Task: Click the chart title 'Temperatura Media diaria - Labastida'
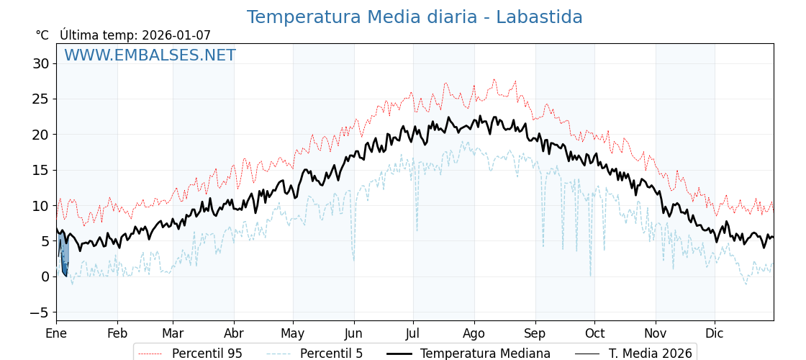pyautogui.click(x=415, y=17)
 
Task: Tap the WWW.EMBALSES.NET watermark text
pyautogui.click(x=150, y=55)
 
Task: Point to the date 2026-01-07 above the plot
pyautogui.click(x=176, y=35)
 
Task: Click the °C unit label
pyautogui.click(x=42, y=35)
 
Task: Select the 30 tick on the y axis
pyautogui.click(x=40, y=63)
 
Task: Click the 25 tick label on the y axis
pyautogui.click(x=40, y=99)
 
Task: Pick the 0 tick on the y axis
pyautogui.click(x=45, y=276)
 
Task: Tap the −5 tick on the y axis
pyautogui.click(x=40, y=312)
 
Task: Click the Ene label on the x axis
pyautogui.click(x=56, y=333)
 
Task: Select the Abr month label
pyautogui.click(x=234, y=333)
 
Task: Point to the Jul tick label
pyautogui.click(x=413, y=333)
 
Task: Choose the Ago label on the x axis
pyautogui.click(x=474, y=333)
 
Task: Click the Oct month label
pyautogui.click(x=594, y=333)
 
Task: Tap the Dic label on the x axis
pyautogui.click(x=715, y=333)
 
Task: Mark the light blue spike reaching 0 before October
pyautogui.click(x=590, y=274)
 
